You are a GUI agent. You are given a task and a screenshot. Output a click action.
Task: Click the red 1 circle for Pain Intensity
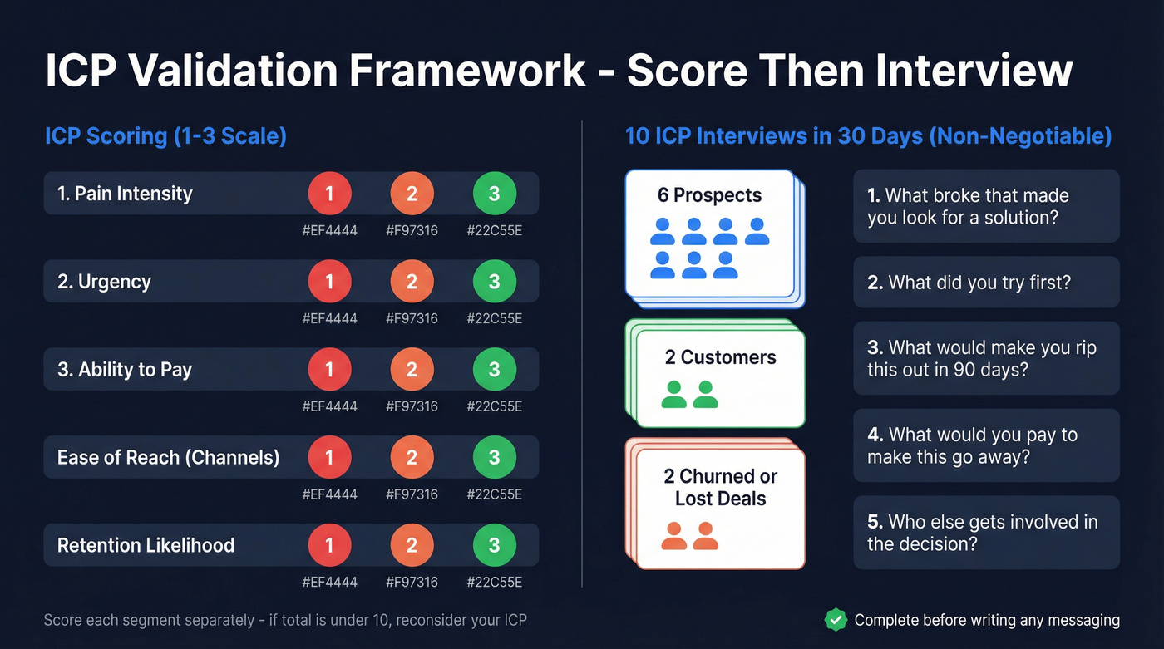click(329, 194)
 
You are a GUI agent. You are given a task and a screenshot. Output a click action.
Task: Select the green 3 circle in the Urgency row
click(494, 282)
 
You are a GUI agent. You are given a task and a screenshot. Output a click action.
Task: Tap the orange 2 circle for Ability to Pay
click(412, 370)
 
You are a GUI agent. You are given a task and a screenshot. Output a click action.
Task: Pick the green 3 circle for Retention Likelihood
click(494, 545)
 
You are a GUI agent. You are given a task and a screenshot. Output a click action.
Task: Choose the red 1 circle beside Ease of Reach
click(329, 457)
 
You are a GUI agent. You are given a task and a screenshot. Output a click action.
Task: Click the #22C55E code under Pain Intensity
click(494, 231)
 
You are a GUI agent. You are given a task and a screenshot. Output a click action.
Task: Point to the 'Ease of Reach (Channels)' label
click(168, 457)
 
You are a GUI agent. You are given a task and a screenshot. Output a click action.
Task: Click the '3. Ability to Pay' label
click(125, 370)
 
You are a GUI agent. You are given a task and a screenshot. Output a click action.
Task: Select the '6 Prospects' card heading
click(709, 195)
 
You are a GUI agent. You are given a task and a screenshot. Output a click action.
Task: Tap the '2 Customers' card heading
click(720, 357)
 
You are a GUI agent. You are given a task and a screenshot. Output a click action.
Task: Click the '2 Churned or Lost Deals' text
click(720, 488)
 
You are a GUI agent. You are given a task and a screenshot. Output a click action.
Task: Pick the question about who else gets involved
click(982, 533)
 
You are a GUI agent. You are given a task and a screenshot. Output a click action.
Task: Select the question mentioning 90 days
click(981, 358)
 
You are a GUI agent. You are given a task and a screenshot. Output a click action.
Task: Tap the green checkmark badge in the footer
click(835, 620)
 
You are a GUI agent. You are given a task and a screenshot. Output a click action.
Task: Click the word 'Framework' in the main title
click(466, 71)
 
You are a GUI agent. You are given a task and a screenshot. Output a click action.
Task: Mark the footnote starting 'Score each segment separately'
click(285, 620)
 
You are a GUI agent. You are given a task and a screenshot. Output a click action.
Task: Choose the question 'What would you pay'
click(972, 445)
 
